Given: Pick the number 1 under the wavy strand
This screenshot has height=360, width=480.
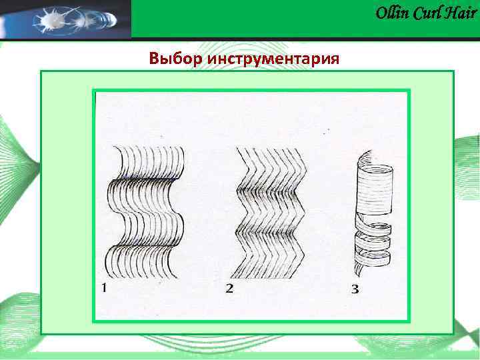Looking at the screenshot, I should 105,288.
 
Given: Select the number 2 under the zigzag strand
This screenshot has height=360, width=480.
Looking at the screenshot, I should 229,289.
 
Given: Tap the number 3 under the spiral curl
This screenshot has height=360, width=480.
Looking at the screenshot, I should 355,289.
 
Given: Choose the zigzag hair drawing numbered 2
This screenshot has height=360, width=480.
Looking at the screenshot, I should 267,212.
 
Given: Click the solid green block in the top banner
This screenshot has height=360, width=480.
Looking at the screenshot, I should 253,18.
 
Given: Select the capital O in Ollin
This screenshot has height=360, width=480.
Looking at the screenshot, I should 381,13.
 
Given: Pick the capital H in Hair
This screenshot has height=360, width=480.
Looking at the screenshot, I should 452,13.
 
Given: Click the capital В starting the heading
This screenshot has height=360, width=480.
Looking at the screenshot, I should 155,59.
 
